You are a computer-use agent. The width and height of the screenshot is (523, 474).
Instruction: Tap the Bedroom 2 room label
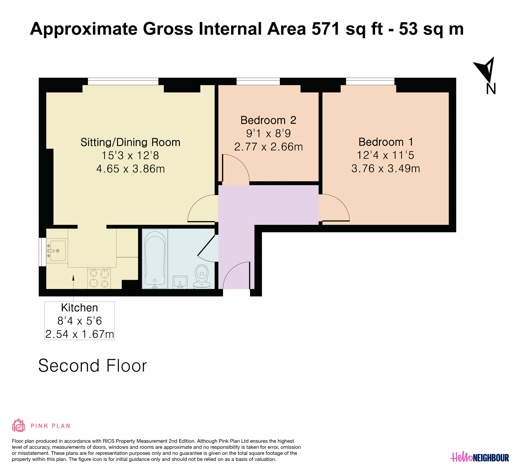268,120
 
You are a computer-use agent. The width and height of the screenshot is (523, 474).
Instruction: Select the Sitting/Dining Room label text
130,142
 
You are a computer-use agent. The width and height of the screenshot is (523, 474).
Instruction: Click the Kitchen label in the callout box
79,308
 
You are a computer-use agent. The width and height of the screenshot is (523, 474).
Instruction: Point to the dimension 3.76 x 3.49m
386,169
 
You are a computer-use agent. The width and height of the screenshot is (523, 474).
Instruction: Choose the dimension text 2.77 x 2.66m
268,147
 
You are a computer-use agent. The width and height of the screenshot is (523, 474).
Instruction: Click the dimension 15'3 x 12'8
130,156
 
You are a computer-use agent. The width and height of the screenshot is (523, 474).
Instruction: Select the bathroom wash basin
180,282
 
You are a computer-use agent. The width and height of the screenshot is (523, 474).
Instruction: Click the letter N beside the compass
491,89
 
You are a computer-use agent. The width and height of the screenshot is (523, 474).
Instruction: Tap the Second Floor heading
93,366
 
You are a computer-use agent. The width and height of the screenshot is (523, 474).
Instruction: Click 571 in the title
326,29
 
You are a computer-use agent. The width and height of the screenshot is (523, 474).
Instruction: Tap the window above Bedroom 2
258,81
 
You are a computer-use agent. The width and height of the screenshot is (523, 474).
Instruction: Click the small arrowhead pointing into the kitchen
73,278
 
